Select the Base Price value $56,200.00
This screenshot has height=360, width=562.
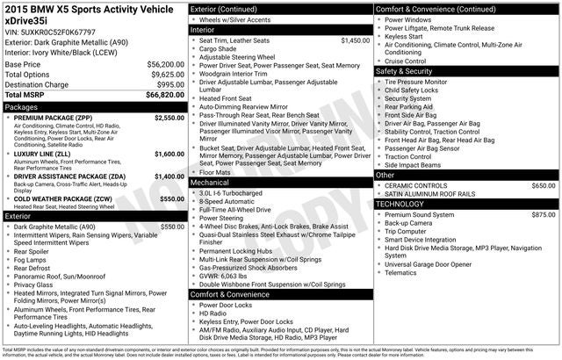(x=165, y=65)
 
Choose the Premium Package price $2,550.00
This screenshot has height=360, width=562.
(x=169, y=117)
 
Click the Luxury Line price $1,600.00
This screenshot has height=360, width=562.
(x=169, y=154)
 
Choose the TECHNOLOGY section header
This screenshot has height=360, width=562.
(x=405, y=204)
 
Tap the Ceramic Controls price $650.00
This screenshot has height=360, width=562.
(x=543, y=185)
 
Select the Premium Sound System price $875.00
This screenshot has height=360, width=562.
(x=543, y=214)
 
